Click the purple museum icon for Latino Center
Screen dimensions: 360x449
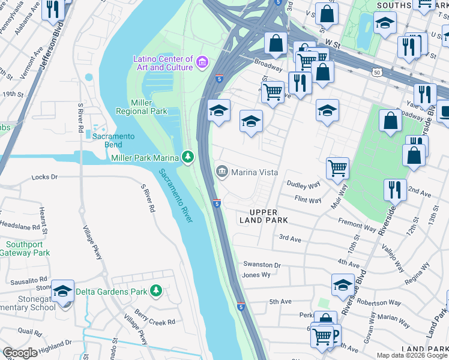click(202, 62)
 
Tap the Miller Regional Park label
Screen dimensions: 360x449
click(142, 107)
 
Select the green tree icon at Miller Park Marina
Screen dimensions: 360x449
click(188, 157)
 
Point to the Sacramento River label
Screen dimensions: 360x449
click(176, 196)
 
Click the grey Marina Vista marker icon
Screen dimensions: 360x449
click(221, 172)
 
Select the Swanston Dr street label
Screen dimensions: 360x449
click(262, 265)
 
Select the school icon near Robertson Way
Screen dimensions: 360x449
click(343, 284)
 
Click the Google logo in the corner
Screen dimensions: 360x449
click(20, 353)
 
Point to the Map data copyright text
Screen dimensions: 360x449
click(411, 355)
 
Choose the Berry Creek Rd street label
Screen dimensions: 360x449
click(155, 322)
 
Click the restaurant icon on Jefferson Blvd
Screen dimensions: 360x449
click(53, 9)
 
